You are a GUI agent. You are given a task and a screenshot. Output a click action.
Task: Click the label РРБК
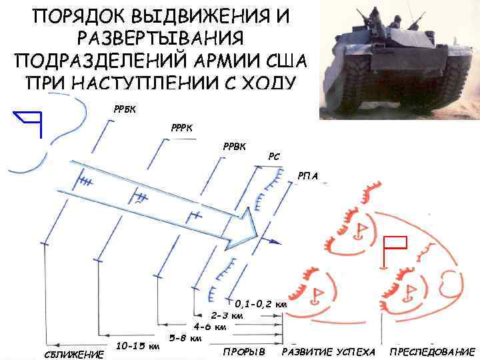pos(125,109)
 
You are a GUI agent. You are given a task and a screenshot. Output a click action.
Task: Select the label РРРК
pos(182,128)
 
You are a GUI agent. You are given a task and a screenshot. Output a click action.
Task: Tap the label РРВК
pos(234,147)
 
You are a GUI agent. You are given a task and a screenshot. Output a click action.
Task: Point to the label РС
pos(274,157)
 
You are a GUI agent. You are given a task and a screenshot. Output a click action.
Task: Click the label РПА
pos(307,176)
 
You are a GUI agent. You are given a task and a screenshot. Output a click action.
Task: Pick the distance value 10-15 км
pos(138,346)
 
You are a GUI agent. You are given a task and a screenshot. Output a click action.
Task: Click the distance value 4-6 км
pos(210,327)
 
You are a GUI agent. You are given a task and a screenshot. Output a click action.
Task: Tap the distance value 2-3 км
pos(227,315)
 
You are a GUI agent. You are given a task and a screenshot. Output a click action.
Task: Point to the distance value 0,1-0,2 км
pos(261,304)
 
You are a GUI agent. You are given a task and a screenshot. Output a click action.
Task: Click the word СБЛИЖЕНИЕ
pos(74,355)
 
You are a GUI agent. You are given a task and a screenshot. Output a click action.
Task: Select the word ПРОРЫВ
pos(244,352)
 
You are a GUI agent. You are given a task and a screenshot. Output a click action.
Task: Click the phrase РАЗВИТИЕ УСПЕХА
pos(329,352)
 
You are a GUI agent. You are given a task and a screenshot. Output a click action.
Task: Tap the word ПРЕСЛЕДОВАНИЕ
pos(433,352)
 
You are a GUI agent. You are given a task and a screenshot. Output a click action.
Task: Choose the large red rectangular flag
pos(394,251)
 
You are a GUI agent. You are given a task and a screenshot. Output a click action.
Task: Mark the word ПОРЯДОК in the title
pos(79,16)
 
